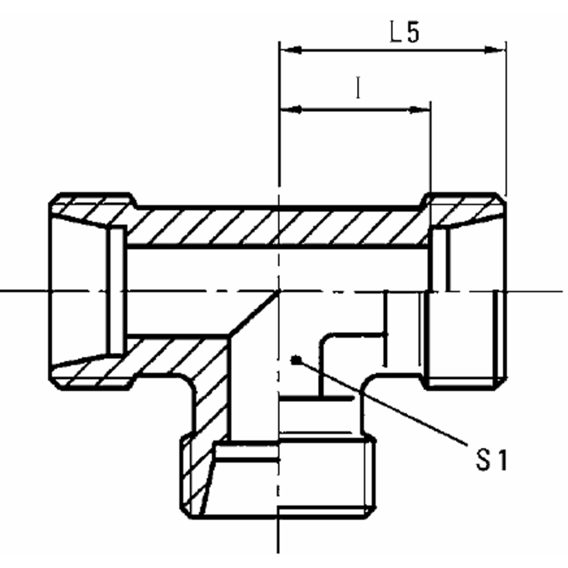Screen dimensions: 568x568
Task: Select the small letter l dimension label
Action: (357, 88)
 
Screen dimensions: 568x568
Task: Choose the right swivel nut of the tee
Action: (467, 290)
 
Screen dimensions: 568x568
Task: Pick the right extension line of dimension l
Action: (430, 154)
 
